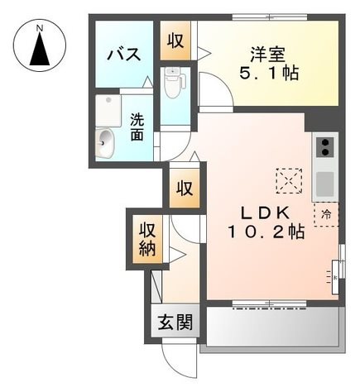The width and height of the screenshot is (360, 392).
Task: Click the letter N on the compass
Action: [40, 27]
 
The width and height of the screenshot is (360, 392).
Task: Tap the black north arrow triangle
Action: [40, 49]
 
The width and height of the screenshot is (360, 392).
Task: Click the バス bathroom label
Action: [124, 54]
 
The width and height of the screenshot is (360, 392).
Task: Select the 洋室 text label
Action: [267, 54]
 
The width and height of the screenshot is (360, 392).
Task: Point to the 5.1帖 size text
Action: [269, 73]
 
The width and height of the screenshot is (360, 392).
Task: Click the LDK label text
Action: [266, 213]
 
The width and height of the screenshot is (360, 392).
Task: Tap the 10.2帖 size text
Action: [266, 232]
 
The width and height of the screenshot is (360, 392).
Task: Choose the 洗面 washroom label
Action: [137, 127]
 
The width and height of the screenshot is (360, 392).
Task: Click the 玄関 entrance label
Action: [175, 323]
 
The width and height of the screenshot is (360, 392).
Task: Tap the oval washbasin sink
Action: [105, 143]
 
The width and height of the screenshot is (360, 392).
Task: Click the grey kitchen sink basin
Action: [325, 184]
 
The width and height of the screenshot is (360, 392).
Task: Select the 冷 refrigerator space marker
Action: [326, 214]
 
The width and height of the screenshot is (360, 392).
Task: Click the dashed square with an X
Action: [289, 181]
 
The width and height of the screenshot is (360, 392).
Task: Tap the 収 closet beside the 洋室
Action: [175, 41]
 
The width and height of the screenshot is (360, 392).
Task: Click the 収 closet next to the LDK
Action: [185, 189]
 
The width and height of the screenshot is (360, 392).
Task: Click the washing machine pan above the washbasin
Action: [108, 111]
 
